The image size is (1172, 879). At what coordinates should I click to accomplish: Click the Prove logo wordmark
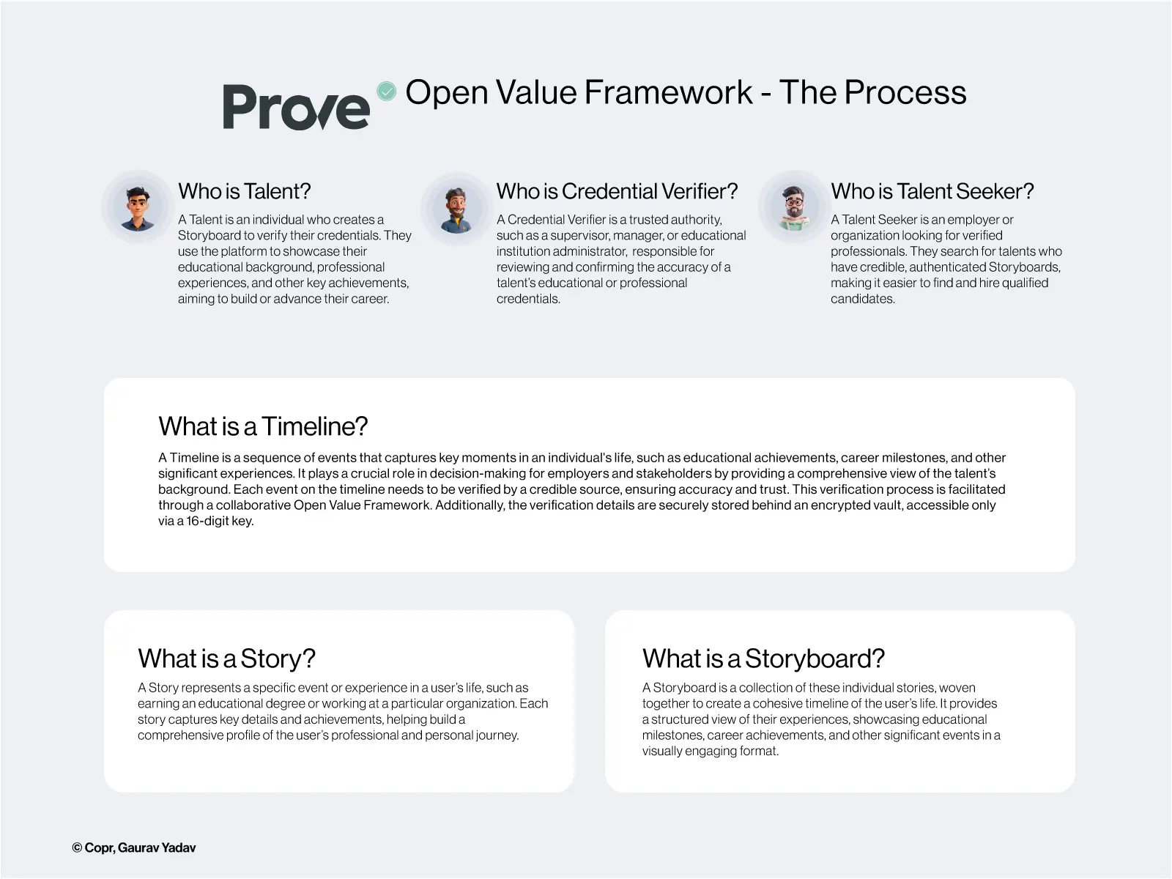(x=297, y=107)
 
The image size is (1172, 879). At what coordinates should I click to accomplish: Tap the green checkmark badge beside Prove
(x=386, y=92)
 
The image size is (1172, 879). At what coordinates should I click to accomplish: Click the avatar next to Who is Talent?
(x=137, y=207)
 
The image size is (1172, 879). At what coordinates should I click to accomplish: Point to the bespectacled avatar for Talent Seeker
(x=794, y=207)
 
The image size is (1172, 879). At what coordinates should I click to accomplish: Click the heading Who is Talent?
(x=244, y=191)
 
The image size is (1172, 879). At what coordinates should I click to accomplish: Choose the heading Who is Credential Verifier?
(x=617, y=191)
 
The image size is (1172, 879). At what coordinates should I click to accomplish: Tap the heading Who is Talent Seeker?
(x=932, y=191)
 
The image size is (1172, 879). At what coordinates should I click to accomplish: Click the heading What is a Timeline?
(x=263, y=426)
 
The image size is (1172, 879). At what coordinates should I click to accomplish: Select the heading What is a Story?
(x=226, y=658)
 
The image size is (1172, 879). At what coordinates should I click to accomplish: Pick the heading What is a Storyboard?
(x=763, y=658)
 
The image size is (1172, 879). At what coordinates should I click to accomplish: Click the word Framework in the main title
(x=668, y=92)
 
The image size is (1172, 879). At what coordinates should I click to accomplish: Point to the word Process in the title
(x=905, y=92)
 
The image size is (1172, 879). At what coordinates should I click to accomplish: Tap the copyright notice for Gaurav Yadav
(x=134, y=848)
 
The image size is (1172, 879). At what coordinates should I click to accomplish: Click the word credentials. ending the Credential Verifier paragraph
(x=528, y=299)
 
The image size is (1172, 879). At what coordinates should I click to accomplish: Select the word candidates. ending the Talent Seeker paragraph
(x=862, y=299)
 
